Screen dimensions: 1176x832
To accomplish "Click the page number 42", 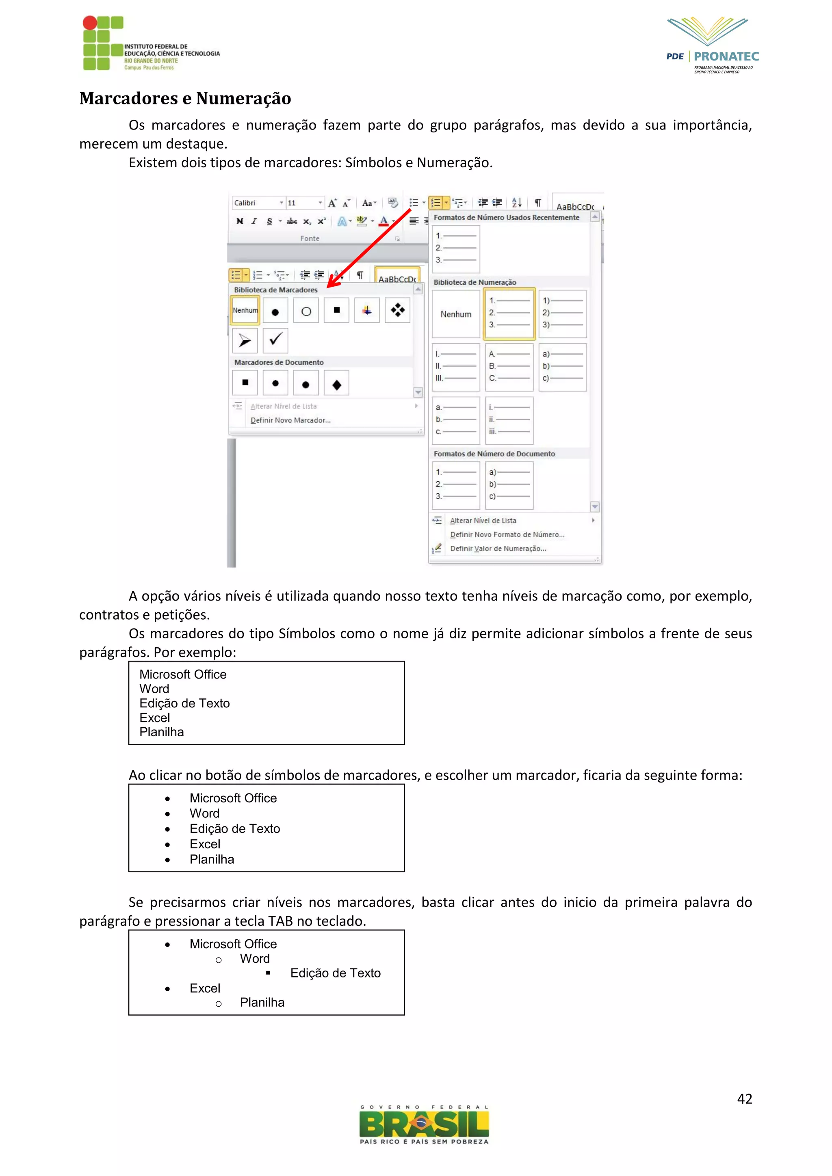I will point(744,1099).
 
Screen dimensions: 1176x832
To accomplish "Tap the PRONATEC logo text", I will point(726,56).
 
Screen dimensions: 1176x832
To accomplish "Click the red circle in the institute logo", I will point(90,22).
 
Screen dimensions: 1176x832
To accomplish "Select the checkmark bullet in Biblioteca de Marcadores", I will point(275,340).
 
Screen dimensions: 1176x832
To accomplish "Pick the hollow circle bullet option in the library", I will point(306,311).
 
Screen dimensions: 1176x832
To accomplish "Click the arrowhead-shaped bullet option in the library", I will point(245,340).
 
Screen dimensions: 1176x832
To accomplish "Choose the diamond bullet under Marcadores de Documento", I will point(337,384).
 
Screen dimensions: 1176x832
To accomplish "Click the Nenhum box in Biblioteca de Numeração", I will point(455,314).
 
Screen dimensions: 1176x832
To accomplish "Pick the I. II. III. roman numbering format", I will point(455,366).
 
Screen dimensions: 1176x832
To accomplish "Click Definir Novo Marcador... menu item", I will point(290,420).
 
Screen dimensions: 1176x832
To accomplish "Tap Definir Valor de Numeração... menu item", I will point(498,548).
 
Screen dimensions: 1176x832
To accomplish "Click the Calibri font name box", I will point(255,203).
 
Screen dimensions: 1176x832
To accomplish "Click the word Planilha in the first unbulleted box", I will point(161,732).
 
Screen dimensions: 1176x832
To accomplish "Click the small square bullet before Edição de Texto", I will point(268,973).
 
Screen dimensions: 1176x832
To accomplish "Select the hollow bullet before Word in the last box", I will point(219,960).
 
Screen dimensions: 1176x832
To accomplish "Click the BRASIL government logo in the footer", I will point(424,1125).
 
